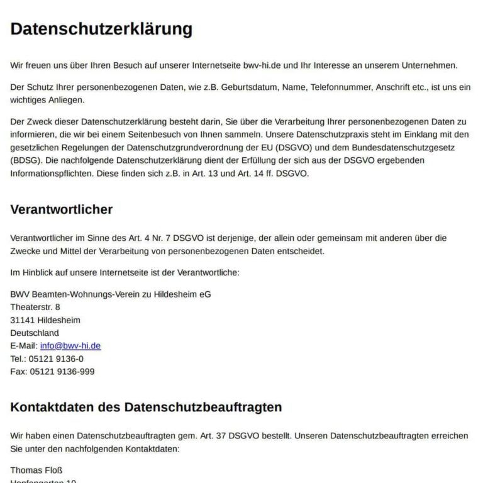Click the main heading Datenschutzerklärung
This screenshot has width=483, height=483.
[x=101, y=29]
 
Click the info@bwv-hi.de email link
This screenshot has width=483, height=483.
[x=70, y=346]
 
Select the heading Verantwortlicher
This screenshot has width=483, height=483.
[x=62, y=209]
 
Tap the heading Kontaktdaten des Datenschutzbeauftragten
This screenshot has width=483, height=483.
[x=146, y=407]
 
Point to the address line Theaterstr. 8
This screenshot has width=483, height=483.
[x=35, y=307]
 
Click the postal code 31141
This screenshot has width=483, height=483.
[x=22, y=320]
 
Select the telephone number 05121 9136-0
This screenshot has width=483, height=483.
[x=56, y=358]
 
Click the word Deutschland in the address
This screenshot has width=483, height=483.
[x=35, y=333]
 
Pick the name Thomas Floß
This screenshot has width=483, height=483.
[x=36, y=470]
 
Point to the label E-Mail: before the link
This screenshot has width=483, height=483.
[x=24, y=346]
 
